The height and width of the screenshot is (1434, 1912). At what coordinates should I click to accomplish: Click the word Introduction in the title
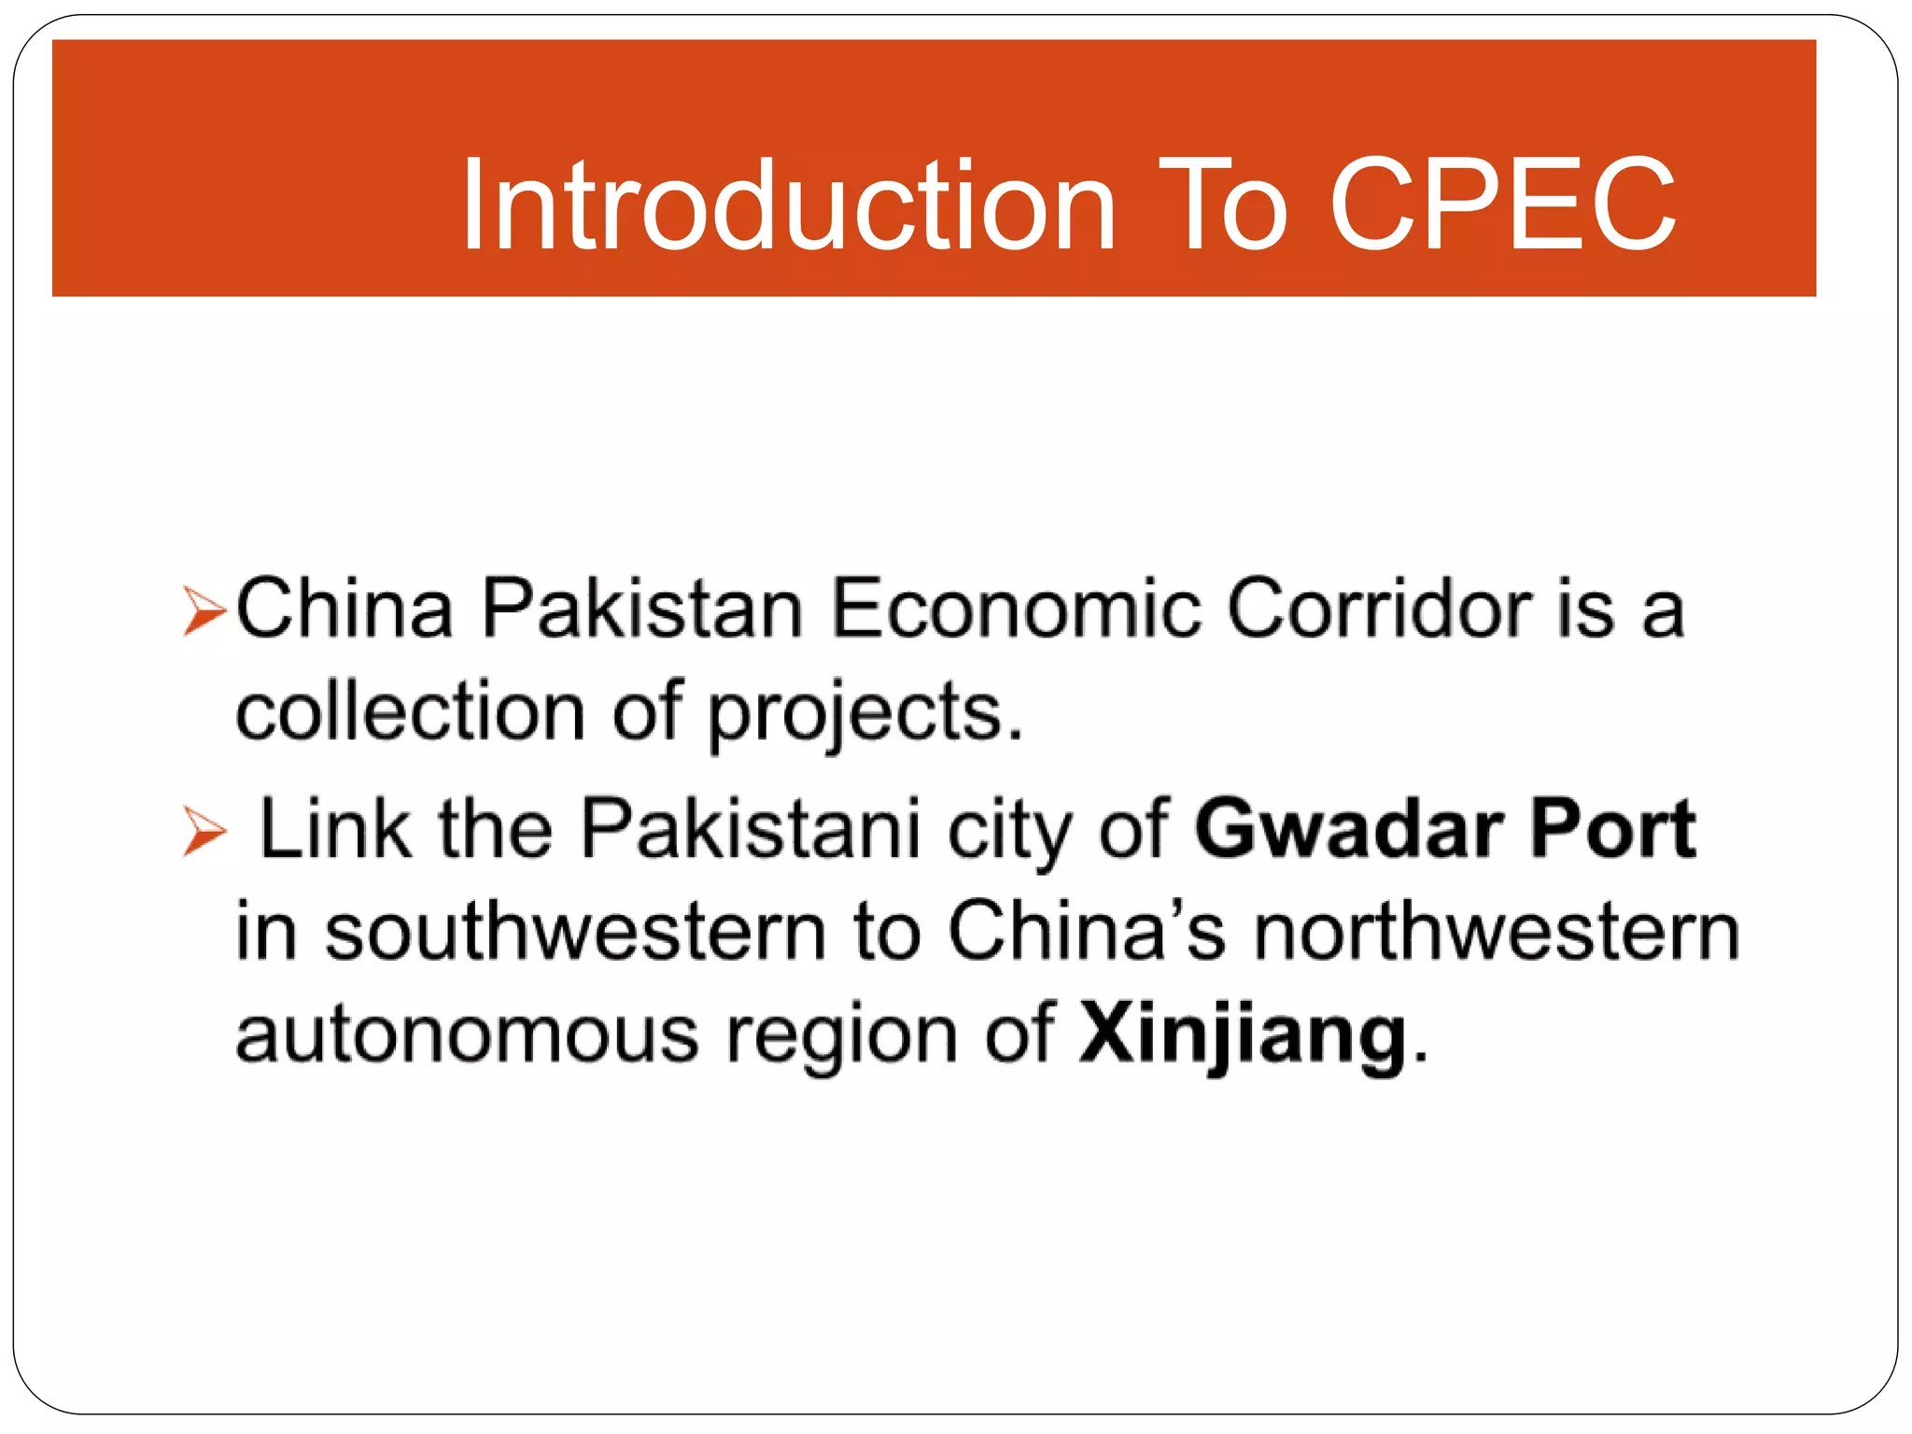(x=789, y=205)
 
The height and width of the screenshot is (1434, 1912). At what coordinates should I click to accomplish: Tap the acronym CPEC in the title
(x=1502, y=205)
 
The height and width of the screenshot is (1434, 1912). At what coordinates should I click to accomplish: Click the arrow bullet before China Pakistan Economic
(x=204, y=612)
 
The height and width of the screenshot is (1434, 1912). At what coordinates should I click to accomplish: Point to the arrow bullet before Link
(x=204, y=830)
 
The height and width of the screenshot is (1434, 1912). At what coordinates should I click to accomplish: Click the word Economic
(x=1015, y=610)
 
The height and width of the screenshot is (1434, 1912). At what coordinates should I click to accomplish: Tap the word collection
(x=410, y=712)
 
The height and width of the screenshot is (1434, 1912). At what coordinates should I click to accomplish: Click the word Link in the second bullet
(x=334, y=828)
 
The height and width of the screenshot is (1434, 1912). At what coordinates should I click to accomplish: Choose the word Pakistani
(x=751, y=828)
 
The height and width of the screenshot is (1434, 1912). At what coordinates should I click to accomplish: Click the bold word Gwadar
(x=1349, y=828)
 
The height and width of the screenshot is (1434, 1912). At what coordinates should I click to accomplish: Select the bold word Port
(x=1612, y=828)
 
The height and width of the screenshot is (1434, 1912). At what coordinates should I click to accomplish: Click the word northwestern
(x=1497, y=932)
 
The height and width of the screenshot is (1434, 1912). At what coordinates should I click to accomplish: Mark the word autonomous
(x=467, y=1034)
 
